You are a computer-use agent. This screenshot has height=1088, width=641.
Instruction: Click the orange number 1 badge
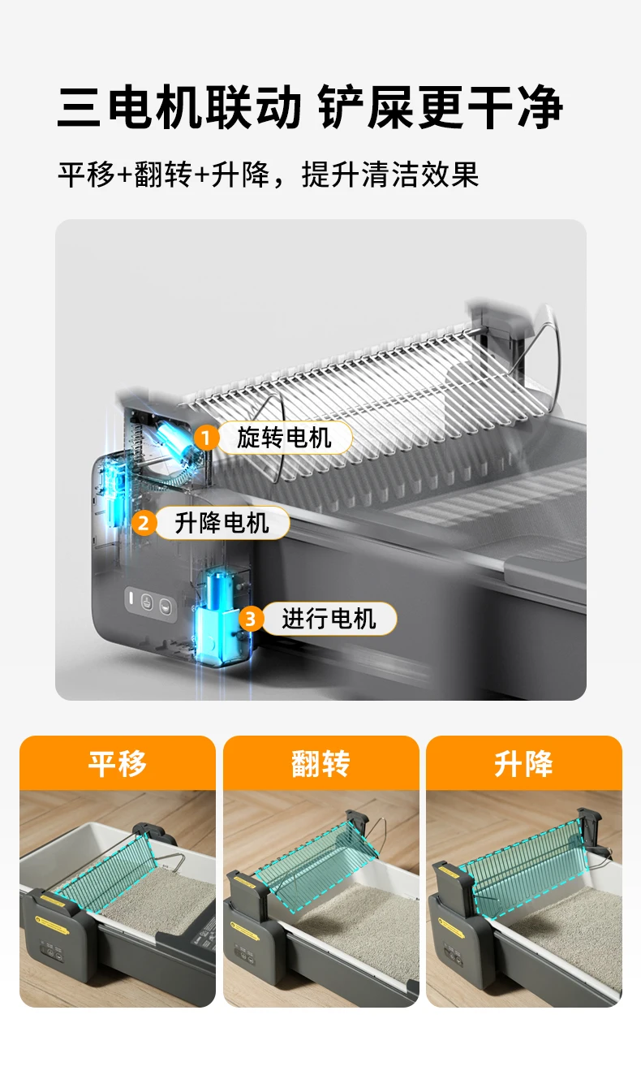[x=206, y=438]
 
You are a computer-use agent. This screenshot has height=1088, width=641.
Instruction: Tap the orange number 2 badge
[x=144, y=523]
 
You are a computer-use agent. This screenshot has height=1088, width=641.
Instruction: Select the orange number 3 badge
[x=251, y=619]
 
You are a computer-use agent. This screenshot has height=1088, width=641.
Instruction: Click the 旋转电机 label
[x=284, y=438]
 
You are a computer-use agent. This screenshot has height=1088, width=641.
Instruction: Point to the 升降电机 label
[x=222, y=523]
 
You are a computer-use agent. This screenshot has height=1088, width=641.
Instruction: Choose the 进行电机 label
[x=329, y=619]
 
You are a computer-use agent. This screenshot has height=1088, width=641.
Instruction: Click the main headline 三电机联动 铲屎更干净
[x=311, y=107]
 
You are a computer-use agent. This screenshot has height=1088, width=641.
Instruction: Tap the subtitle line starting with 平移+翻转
[x=269, y=175]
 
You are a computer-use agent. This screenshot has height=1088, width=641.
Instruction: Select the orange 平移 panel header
[x=118, y=763]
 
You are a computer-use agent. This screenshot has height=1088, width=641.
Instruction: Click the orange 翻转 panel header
[x=320, y=763]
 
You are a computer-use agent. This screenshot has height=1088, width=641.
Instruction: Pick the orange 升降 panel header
[x=524, y=763]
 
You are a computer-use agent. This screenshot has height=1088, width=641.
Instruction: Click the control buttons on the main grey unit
[x=151, y=602]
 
